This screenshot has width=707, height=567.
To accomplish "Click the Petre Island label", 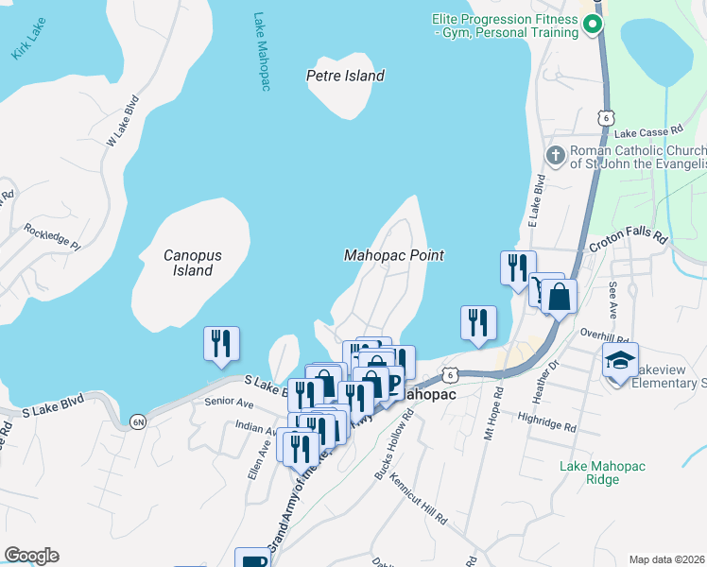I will tap(346, 76).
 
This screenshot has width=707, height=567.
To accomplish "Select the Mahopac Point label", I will tap(393, 255).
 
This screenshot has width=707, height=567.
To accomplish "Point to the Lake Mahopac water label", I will tap(262, 52).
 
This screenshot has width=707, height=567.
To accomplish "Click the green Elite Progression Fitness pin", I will tap(593, 25).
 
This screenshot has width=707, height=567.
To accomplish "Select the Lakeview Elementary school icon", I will tap(620, 360).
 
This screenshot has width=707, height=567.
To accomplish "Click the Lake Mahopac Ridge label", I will tap(602, 472).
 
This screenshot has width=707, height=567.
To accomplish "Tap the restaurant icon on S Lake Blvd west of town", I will tap(221, 342).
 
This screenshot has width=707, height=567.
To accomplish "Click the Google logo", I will tap(31, 556).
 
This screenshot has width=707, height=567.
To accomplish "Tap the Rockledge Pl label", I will tap(53, 236).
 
